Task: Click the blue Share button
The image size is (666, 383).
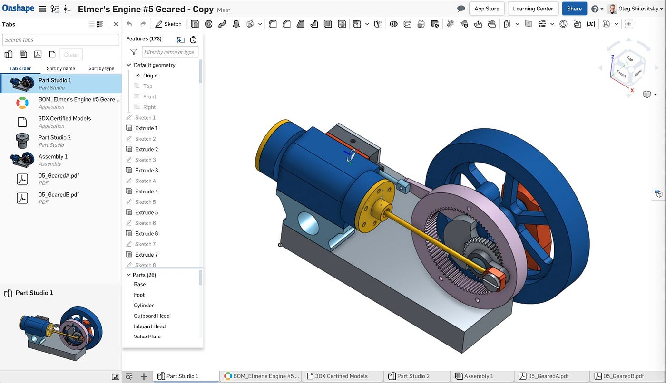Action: click(574, 9)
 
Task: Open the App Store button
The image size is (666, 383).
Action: click(486, 9)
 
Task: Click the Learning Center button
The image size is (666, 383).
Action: click(533, 9)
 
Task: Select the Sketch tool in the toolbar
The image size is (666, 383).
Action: click(168, 24)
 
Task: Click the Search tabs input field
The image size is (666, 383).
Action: click(61, 40)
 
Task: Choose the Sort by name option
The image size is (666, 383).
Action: click(61, 68)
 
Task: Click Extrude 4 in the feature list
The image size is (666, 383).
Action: click(146, 191)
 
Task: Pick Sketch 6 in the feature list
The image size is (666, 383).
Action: click(145, 223)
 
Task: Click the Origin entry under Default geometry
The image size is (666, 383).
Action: click(150, 76)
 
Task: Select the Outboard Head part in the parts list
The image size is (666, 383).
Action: click(151, 316)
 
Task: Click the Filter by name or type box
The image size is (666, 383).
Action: click(170, 52)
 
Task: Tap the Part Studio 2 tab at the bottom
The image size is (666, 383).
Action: click(413, 376)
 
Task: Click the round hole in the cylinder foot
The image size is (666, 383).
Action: click(309, 223)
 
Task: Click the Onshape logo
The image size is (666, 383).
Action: click(18, 9)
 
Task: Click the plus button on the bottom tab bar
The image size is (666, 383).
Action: click(144, 376)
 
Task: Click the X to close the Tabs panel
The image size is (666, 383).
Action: click(116, 24)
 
